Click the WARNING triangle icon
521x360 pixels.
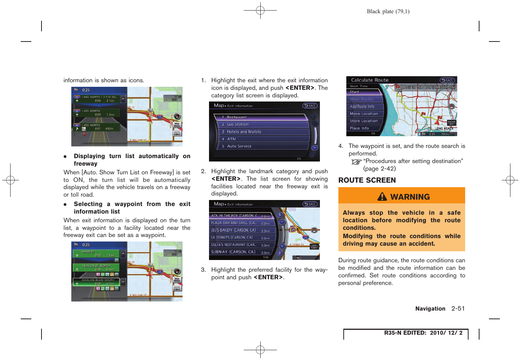[x=382, y=197]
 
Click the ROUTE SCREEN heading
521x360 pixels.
[x=367, y=180]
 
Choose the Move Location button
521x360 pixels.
[x=363, y=114]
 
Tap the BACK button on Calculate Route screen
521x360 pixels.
[x=447, y=80]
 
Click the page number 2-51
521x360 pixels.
[x=458, y=309]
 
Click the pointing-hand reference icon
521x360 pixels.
[x=356, y=162]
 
